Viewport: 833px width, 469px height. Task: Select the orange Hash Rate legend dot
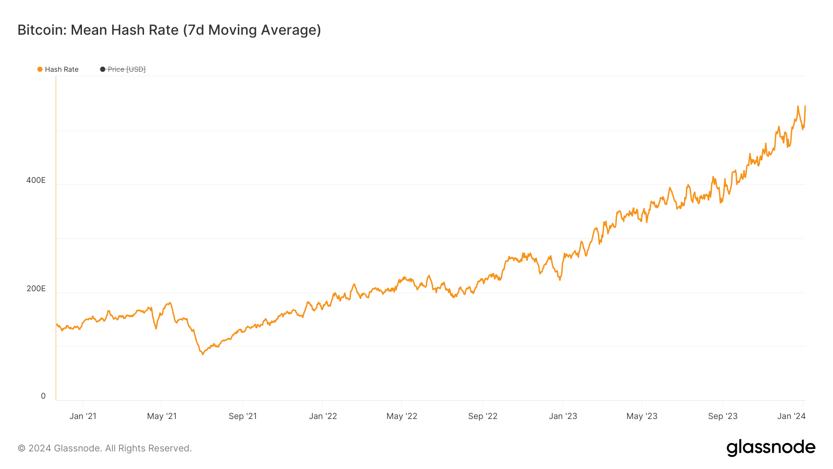click(40, 69)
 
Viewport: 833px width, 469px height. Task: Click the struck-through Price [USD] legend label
click(126, 69)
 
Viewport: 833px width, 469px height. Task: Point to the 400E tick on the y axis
click(36, 180)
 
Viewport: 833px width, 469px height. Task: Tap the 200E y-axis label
click(36, 288)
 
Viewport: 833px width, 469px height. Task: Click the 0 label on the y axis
click(44, 396)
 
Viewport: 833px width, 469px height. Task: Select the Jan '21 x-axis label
click(83, 416)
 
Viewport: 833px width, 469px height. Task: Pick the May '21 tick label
click(162, 416)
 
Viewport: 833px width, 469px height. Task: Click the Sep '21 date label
click(242, 416)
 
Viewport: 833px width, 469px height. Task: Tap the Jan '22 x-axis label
click(323, 416)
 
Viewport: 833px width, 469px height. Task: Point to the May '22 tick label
click(402, 416)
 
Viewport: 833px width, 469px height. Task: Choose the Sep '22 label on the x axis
click(483, 416)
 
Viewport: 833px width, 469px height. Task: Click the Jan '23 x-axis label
click(563, 416)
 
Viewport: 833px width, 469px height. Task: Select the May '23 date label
click(642, 416)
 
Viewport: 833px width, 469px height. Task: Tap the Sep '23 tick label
click(722, 416)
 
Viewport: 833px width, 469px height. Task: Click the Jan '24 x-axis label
click(791, 416)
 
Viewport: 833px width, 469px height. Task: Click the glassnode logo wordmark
click(771, 448)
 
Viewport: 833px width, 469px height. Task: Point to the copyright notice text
click(105, 448)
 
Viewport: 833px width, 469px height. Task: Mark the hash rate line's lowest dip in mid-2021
click(203, 354)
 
